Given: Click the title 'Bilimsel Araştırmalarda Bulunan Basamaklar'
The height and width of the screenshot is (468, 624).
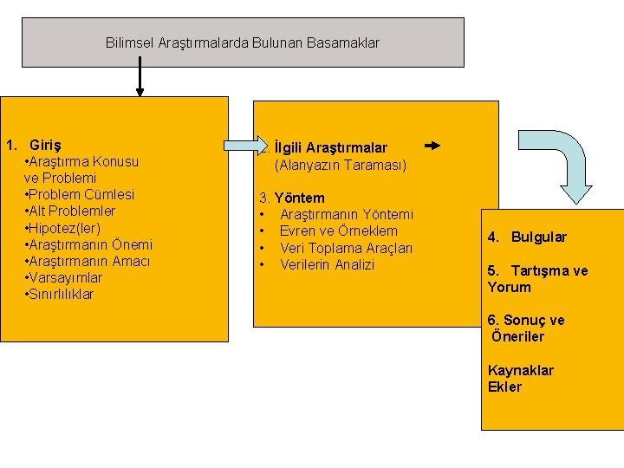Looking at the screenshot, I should click(x=243, y=42).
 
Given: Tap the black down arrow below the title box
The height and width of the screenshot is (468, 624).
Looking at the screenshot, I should click(x=140, y=82).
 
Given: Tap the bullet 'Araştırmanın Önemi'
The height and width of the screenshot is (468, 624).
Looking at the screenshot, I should click(x=89, y=244).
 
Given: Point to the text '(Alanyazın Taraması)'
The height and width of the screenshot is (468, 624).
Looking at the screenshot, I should click(x=340, y=165).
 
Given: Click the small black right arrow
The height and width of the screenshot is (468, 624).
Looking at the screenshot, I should click(x=433, y=146).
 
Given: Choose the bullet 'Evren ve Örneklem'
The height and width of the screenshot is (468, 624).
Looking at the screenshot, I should click(x=338, y=231).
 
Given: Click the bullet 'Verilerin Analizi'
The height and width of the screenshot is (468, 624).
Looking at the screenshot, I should click(x=327, y=264).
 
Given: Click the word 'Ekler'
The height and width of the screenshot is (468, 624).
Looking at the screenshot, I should click(x=504, y=387).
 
